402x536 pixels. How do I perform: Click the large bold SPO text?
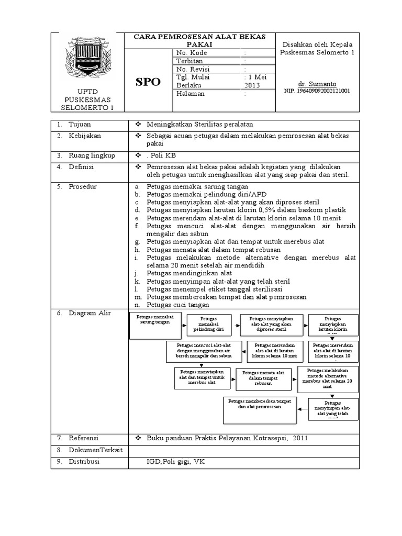coord(149,82)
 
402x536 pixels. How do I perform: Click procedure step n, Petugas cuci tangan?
coord(178,305)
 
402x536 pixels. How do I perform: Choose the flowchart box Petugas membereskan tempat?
coord(259,410)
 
